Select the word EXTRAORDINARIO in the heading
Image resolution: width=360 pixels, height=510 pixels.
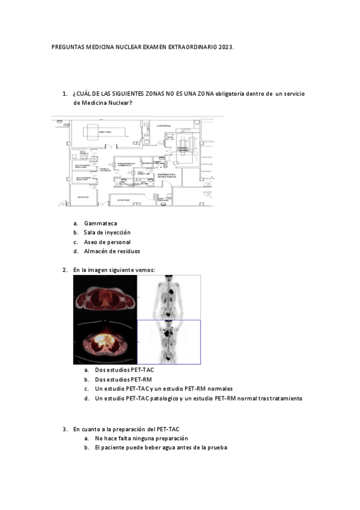[191, 46]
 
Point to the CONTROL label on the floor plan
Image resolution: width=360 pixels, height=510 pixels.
[164, 126]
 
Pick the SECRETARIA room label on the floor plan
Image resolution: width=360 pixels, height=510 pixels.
[123, 200]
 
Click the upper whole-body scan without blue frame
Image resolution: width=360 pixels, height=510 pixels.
[170, 298]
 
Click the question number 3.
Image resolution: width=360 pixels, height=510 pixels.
[65, 429]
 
